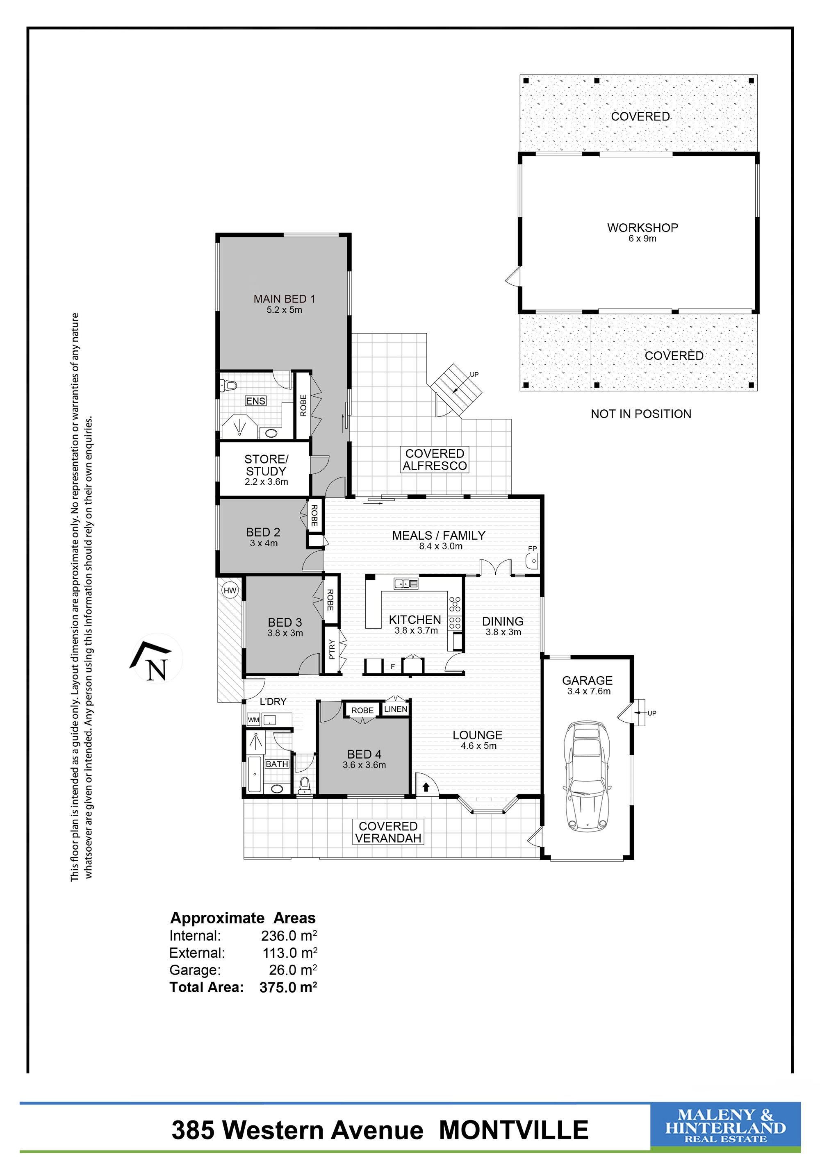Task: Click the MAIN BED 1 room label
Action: [x=284, y=299]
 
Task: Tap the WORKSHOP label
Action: [x=642, y=228]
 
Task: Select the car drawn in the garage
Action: [x=587, y=776]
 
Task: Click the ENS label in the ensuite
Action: [x=255, y=401]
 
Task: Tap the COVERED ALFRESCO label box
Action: [x=435, y=459]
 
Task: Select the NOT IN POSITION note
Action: [x=641, y=414]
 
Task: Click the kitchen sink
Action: [x=406, y=584]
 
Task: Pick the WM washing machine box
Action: [x=253, y=720]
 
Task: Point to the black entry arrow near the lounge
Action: [x=426, y=786]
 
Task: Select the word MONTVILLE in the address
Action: [x=513, y=1130]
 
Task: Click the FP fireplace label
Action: [x=532, y=549]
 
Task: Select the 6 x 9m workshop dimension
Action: [x=642, y=239]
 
